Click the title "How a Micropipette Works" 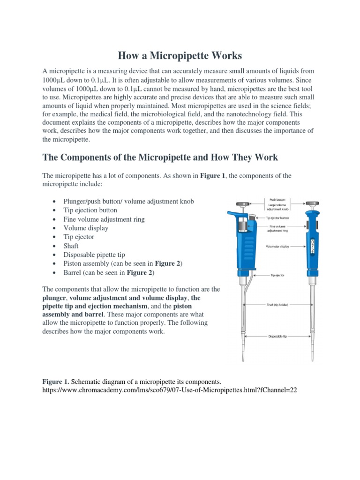(180, 56)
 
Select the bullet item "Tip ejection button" (90, 210)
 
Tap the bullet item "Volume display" (86, 228)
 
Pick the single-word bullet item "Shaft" (71, 246)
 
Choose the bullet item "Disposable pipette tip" (94, 255)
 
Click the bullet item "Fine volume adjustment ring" (104, 219)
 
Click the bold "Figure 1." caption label (56, 382)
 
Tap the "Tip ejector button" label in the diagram (277, 217)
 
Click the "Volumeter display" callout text (277, 246)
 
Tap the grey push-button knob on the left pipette (242, 204)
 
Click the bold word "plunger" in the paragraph (55, 298)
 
